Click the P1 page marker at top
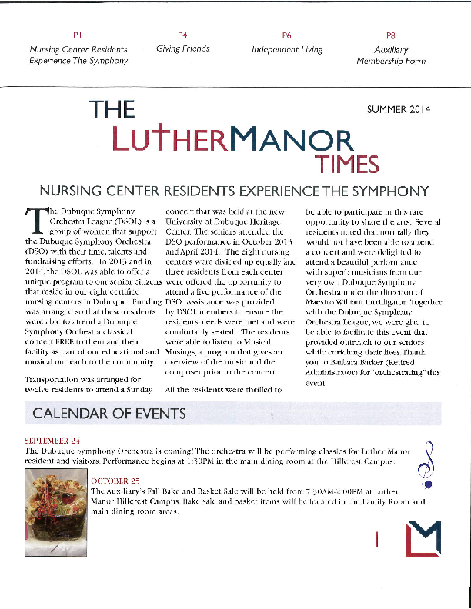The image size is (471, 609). click(x=78, y=35)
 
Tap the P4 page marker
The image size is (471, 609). click(x=182, y=35)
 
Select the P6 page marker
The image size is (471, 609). click(x=287, y=35)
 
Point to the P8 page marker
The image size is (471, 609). click(x=390, y=35)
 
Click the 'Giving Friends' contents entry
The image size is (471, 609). click(x=182, y=48)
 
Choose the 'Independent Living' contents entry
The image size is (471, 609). click(x=287, y=48)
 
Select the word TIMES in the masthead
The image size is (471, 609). click(x=346, y=165)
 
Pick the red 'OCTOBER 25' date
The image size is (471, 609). click(x=115, y=481)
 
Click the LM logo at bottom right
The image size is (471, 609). click(x=423, y=537)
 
